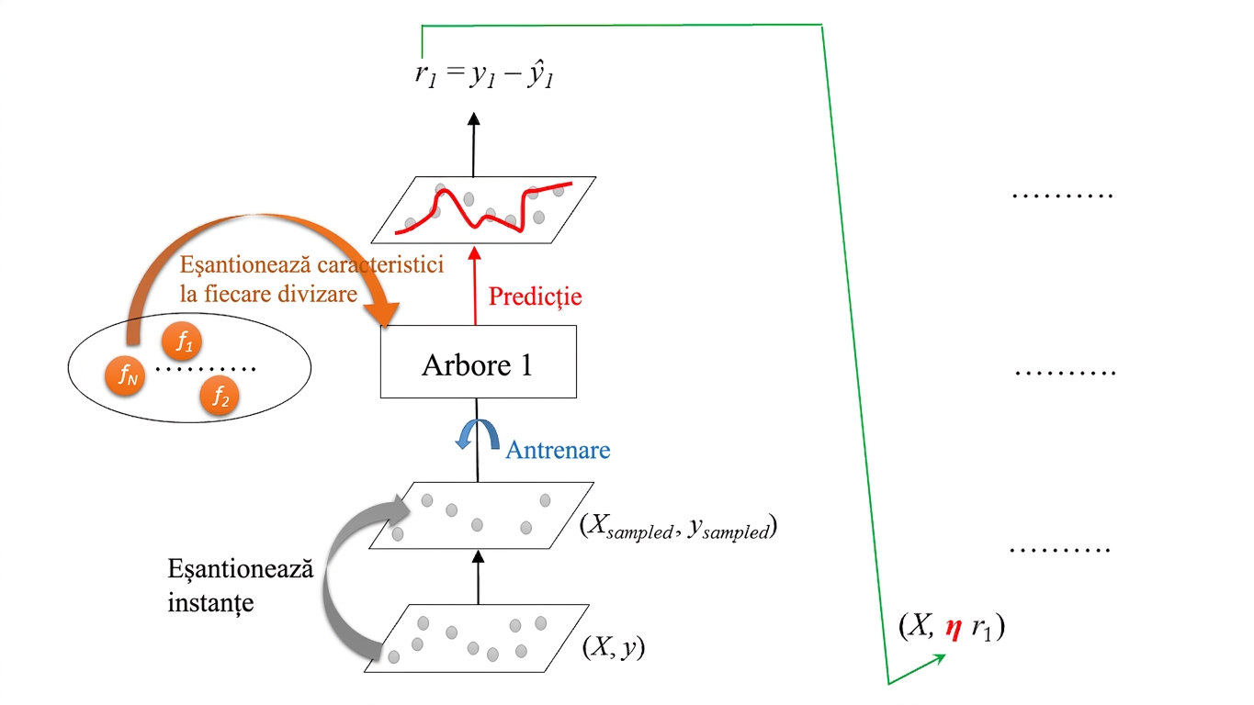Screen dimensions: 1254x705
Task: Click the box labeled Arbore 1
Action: pyautogui.click(x=478, y=362)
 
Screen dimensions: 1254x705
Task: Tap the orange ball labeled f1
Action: pyautogui.click(x=182, y=341)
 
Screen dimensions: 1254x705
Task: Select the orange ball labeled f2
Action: pyautogui.click(x=220, y=397)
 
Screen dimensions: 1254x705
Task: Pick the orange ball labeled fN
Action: pyautogui.click(x=125, y=375)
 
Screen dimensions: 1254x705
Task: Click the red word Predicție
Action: pyautogui.click(x=536, y=297)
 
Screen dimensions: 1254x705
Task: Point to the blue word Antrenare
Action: pyautogui.click(x=558, y=450)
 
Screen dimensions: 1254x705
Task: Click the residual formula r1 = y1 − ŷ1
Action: pyautogui.click(x=483, y=74)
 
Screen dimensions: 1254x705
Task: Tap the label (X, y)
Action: pyautogui.click(x=614, y=647)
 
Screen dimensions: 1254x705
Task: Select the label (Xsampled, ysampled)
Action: pyautogui.click(x=678, y=527)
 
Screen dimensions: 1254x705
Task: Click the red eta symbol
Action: pyautogui.click(x=954, y=629)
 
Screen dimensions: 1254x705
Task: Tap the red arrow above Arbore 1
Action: pyautogui.click(x=475, y=285)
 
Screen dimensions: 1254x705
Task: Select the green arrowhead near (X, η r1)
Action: pyautogui.click(x=938, y=660)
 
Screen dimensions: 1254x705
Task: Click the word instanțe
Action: pyautogui.click(x=210, y=603)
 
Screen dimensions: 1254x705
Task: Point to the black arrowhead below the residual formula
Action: pyautogui.click(x=474, y=118)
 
